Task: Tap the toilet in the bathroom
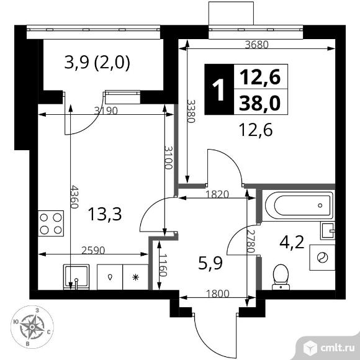(x=282, y=276)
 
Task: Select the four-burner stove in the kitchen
(x=51, y=223)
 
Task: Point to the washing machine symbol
(x=323, y=257)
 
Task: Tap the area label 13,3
(x=104, y=214)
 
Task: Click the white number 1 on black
(x=217, y=90)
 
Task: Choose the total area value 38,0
(x=256, y=101)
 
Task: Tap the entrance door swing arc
(x=214, y=335)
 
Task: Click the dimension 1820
(x=216, y=194)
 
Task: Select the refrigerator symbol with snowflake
(x=136, y=277)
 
